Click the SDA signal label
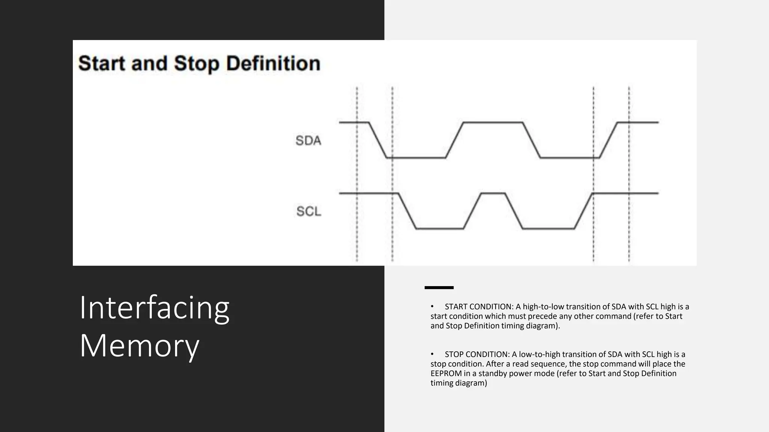(x=308, y=141)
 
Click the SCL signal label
(x=309, y=211)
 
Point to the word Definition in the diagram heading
(x=273, y=63)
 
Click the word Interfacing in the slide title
(x=154, y=308)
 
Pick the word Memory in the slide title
(x=139, y=345)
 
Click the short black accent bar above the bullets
(x=439, y=288)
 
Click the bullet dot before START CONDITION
(x=432, y=307)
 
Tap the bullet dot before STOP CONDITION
(x=432, y=354)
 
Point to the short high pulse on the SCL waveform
(x=493, y=193)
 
